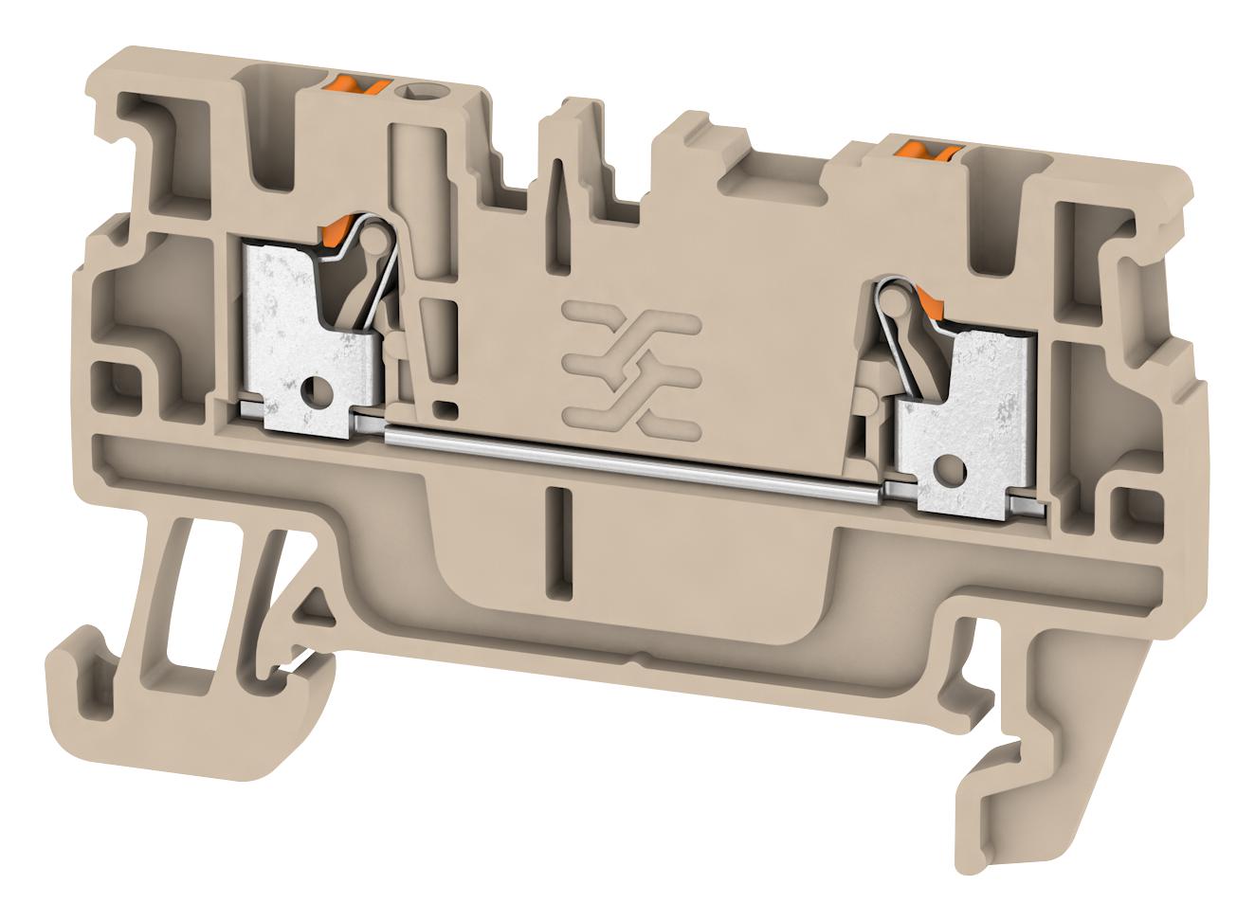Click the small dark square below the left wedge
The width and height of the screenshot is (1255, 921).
(442, 407)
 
